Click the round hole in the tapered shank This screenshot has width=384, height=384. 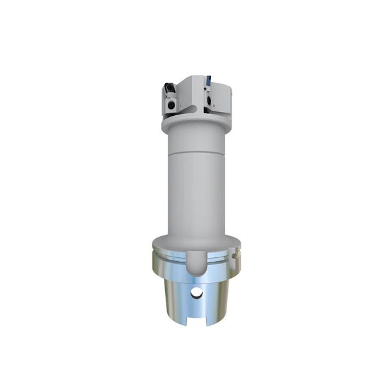[x=196, y=292]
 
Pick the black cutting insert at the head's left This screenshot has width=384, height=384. [x=169, y=87]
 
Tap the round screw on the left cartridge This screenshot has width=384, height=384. [x=172, y=102]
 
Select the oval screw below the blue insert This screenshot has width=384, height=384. [x=211, y=100]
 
